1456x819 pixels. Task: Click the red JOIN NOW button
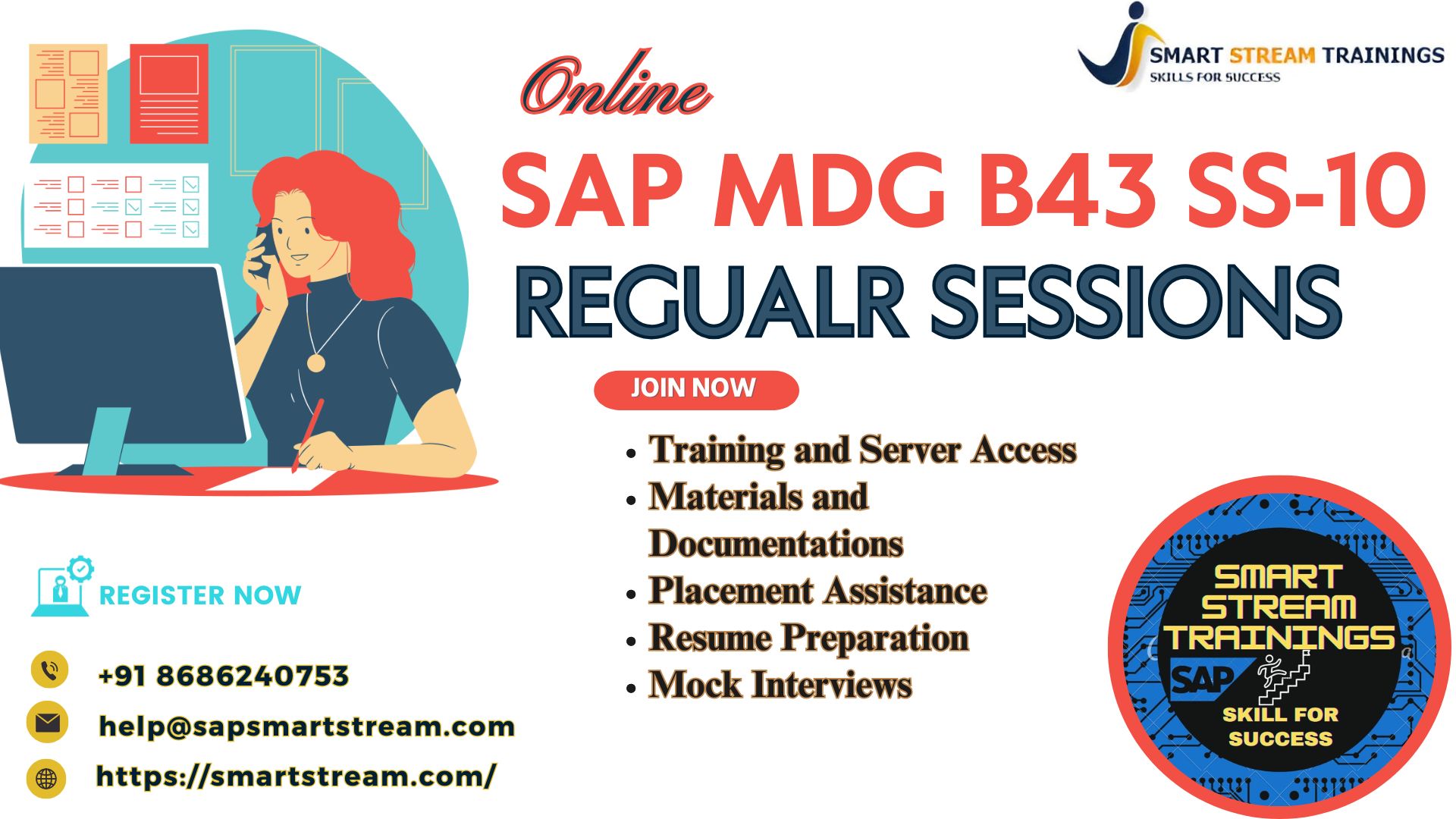(x=696, y=390)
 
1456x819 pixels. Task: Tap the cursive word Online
(x=616, y=86)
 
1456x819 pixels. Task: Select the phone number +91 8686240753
(x=224, y=676)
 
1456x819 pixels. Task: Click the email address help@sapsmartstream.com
(x=307, y=726)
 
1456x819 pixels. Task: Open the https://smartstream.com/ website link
(x=297, y=776)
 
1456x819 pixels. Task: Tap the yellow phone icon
(x=49, y=670)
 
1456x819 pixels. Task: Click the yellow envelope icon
(x=47, y=722)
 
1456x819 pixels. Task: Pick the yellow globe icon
(x=46, y=779)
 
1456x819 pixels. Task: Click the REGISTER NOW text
(x=200, y=595)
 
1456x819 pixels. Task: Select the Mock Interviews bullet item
(x=780, y=684)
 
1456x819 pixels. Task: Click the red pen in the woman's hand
(x=308, y=435)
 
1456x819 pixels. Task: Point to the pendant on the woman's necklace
(x=315, y=362)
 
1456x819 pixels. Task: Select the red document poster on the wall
(x=169, y=93)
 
